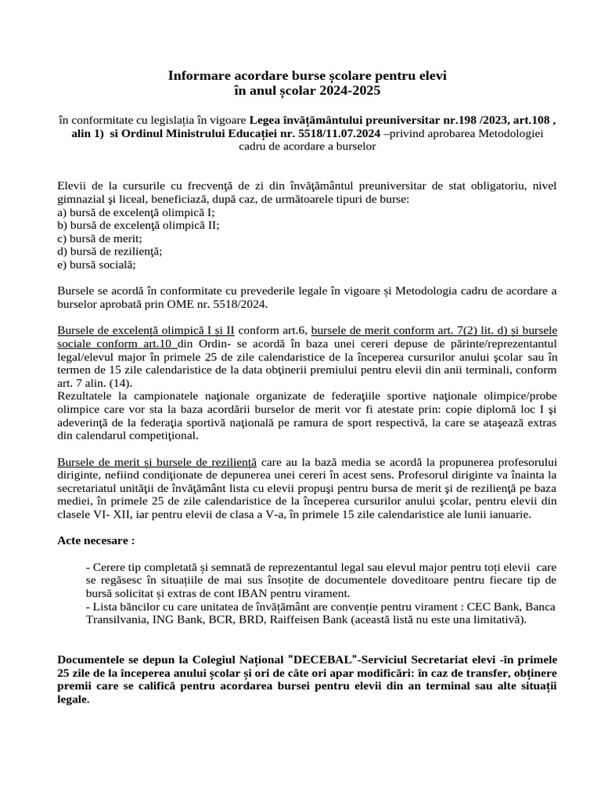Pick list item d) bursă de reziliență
pos(110,251)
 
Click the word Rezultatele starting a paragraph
pos(89,396)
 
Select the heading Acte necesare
pos(95,540)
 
